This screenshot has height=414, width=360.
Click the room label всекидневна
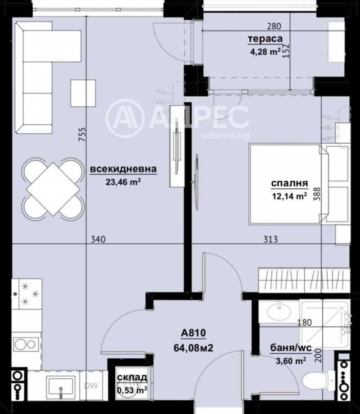123,169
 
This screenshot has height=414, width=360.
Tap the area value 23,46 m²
123,182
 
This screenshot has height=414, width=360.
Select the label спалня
289,183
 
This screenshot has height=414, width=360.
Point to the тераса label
265,39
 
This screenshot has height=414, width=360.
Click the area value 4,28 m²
265,51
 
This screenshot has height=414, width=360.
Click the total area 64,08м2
193,347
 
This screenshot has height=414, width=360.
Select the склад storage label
131,378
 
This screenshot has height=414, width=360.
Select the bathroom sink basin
279,310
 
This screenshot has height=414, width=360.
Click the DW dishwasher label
91,385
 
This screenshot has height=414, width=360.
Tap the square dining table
53,188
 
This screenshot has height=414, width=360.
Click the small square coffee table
83,92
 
